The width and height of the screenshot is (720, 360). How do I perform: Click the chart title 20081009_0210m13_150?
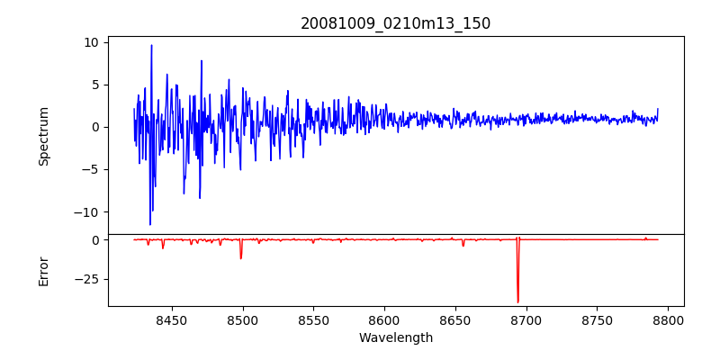(x=395, y=23)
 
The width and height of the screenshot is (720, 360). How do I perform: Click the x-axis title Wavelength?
(x=395, y=337)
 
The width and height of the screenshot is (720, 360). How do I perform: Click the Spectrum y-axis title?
(x=44, y=136)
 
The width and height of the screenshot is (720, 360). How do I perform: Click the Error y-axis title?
(x=44, y=271)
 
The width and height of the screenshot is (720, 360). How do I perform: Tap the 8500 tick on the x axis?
(x=242, y=319)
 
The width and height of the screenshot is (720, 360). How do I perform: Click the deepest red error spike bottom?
(x=517, y=302)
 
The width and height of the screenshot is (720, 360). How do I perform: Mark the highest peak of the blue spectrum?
(x=151, y=45)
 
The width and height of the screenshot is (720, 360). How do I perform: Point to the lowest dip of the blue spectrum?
(x=150, y=224)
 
